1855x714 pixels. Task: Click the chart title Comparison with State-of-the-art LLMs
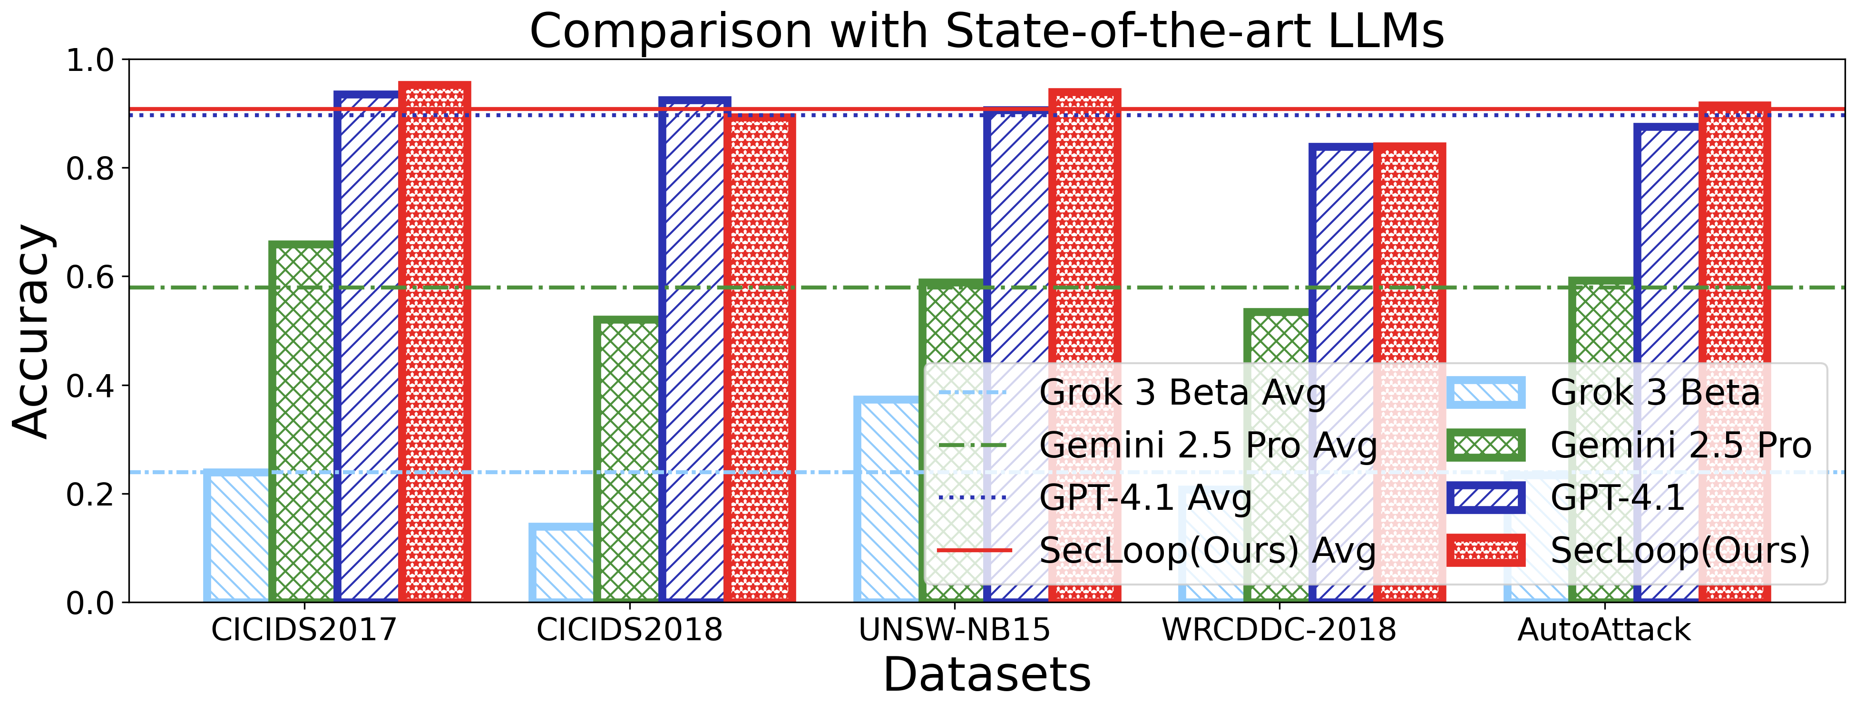pos(986,32)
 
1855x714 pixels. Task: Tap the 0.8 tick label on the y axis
pos(90,169)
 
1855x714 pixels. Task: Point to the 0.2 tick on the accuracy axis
pos(90,494)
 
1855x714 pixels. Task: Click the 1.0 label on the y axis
pos(90,60)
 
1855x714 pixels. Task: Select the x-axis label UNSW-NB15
pos(954,630)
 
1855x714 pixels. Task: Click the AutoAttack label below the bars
pos(1603,630)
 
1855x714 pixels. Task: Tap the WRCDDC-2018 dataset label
pos(1279,630)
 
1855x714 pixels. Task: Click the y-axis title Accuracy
pos(32,331)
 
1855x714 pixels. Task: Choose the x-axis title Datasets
pos(986,675)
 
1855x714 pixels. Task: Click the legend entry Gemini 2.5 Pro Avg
pos(1208,445)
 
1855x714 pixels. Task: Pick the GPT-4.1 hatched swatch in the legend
pos(1485,498)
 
